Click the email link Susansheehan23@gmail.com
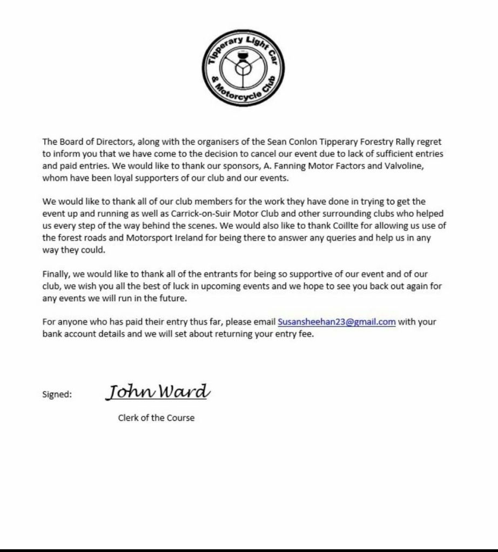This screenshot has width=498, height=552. click(x=337, y=322)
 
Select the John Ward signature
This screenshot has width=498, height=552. click(x=157, y=392)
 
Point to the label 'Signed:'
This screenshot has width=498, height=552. click(x=57, y=394)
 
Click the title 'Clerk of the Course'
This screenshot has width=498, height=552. click(x=156, y=418)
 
